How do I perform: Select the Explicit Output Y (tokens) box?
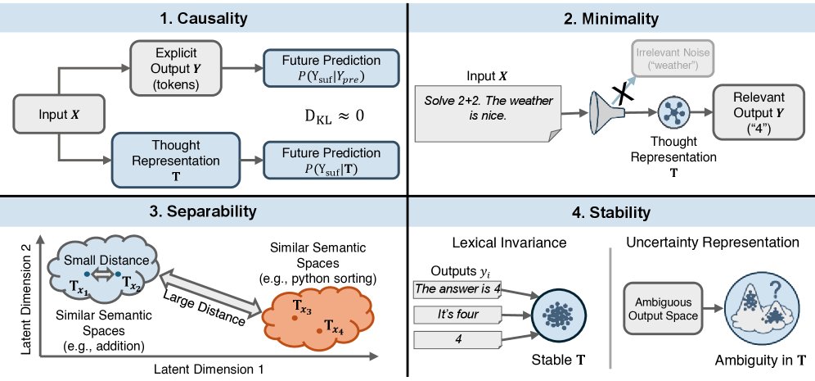click(176, 68)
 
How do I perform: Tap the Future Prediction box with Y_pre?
click(331, 68)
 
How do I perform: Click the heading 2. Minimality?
click(611, 20)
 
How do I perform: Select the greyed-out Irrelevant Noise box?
click(673, 59)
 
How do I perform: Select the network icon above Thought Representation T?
click(673, 112)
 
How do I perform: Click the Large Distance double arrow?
click(209, 295)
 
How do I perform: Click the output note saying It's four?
click(458, 315)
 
